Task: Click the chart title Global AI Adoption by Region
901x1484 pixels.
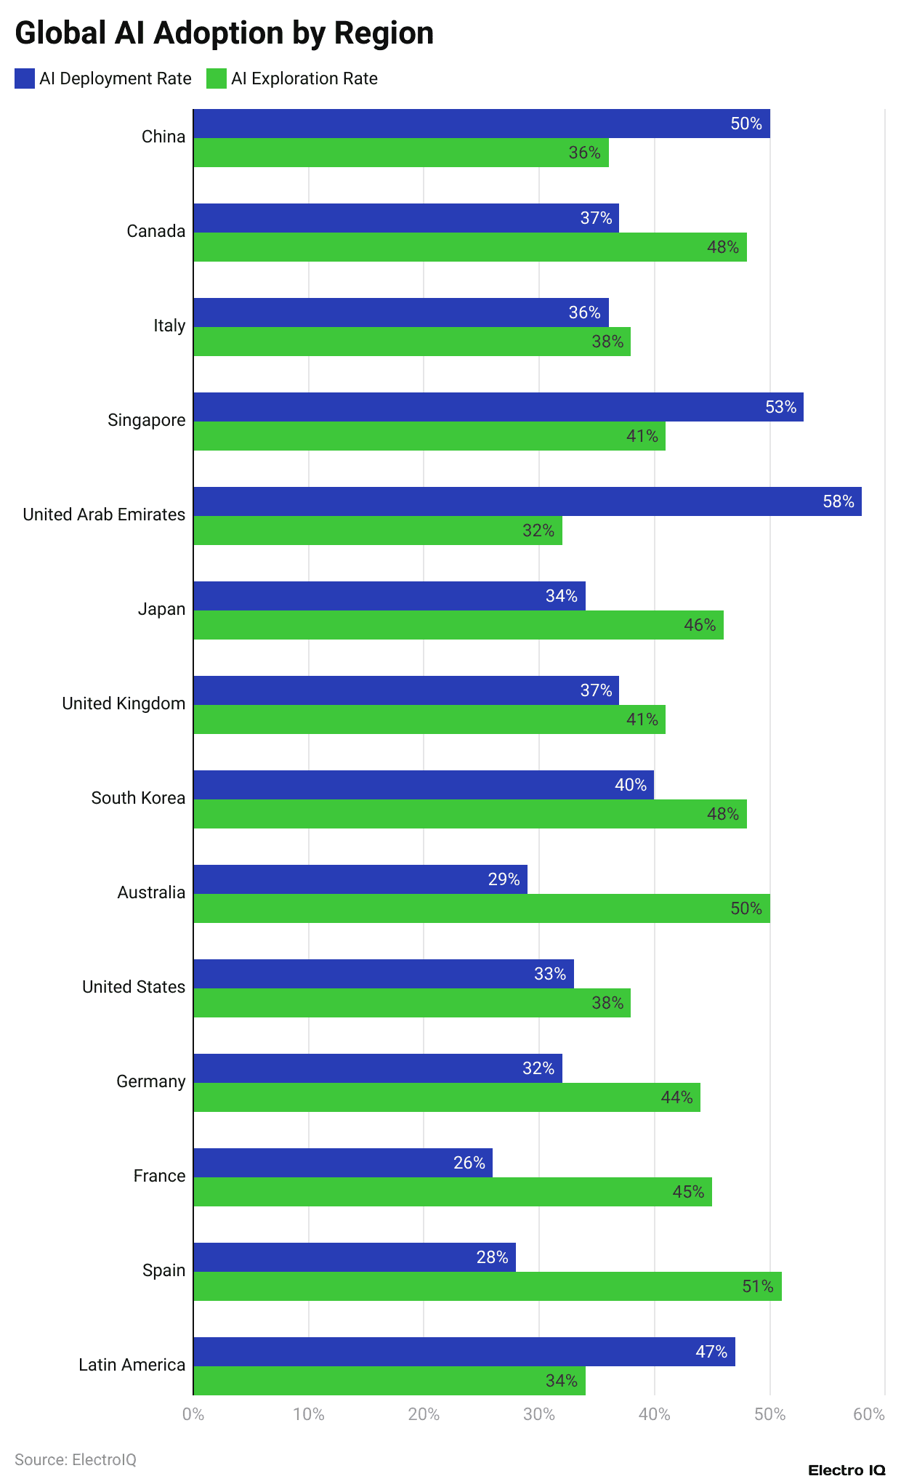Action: pyautogui.click(x=224, y=33)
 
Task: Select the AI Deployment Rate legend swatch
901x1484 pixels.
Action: pyautogui.click(x=25, y=78)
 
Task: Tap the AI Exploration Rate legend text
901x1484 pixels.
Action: pyautogui.click(x=304, y=78)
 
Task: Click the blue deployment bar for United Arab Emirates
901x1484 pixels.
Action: pyautogui.click(x=527, y=501)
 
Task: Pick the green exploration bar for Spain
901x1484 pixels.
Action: pyautogui.click(x=487, y=1286)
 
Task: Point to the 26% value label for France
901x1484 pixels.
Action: pyautogui.click(x=469, y=1163)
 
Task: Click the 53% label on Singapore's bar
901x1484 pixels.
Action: pyautogui.click(x=780, y=407)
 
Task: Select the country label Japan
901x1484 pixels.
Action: pyautogui.click(x=161, y=609)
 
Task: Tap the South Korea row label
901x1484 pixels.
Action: pyautogui.click(x=138, y=798)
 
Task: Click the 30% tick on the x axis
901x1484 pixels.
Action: pyautogui.click(x=539, y=1414)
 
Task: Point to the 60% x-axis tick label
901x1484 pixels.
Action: pyautogui.click(x=869, y=1414)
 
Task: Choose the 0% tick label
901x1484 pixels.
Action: pyautogui.click(x=193, y=1414)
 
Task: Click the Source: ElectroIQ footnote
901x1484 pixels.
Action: pyautogui.click(x=76, y=1460)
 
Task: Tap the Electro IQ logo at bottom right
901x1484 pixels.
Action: pyautogui.click(x=847, y=1470)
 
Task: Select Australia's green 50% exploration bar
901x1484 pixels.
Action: pyautogui.click(x=481, y=908)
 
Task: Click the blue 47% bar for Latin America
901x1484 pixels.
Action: pyautogui.click(x=464, y=1352)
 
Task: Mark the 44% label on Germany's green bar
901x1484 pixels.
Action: pyautogui.click(x=676, y=1097)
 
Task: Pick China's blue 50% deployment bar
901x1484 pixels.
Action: pyautogui.click(x=481, y=124)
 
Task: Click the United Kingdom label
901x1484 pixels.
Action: pyautogui.click(x=124, y=703)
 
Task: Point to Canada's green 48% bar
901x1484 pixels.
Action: pyautogui.click(x=469, y=247)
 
